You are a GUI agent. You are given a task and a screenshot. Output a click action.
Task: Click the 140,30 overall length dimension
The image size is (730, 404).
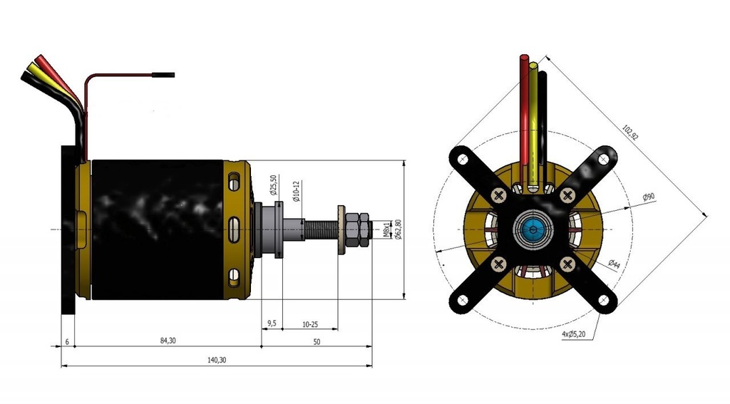click(x=217, y=360)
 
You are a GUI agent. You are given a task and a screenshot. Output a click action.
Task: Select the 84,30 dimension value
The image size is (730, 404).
click(x=168, y=341)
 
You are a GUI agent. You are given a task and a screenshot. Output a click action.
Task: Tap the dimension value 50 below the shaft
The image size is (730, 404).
click(x=317, y=342)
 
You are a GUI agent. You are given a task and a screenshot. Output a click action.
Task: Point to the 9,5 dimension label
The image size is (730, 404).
click(x=272, y=323)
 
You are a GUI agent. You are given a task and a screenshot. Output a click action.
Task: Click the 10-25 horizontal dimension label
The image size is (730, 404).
click(x=310, y=324)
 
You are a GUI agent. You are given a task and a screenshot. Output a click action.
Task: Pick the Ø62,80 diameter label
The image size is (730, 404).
click(x=398, y=229)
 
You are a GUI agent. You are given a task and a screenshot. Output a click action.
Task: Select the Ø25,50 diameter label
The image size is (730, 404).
click(x=274, y=185)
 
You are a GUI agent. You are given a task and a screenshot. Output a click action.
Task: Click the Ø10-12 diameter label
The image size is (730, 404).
click(x=297, y=191)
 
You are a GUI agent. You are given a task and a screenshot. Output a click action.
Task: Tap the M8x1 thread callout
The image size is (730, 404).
click(x=386, y=229)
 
